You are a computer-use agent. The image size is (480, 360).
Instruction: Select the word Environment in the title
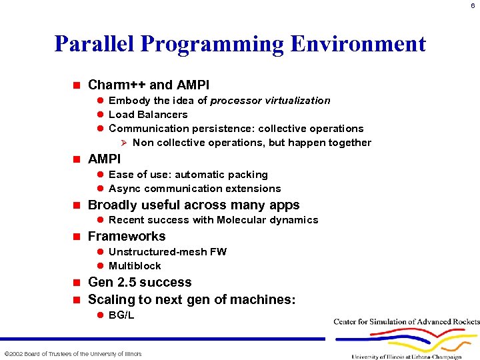(358, 44)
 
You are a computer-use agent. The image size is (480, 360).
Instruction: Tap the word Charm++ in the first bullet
(117, 85)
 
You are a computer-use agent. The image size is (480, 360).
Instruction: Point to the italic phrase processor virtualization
(270, 101)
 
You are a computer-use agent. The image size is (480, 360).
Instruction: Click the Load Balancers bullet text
(148, 115)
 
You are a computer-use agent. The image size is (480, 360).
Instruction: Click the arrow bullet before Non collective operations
(122, 143)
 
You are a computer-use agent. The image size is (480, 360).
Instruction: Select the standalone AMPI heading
(104, 159)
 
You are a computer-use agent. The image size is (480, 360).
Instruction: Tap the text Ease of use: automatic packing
(188, 175)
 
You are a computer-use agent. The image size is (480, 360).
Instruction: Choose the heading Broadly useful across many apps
(193, 205)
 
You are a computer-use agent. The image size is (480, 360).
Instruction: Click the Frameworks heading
(127, 236)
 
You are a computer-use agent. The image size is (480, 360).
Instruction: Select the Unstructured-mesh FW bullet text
(167, 252)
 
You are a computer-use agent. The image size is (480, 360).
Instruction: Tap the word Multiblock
(135, 266)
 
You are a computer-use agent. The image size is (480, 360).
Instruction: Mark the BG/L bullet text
(121, 315)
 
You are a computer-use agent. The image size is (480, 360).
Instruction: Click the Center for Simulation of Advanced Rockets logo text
(406, 322)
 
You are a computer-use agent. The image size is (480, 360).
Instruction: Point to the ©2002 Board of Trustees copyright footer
(73, 353)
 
